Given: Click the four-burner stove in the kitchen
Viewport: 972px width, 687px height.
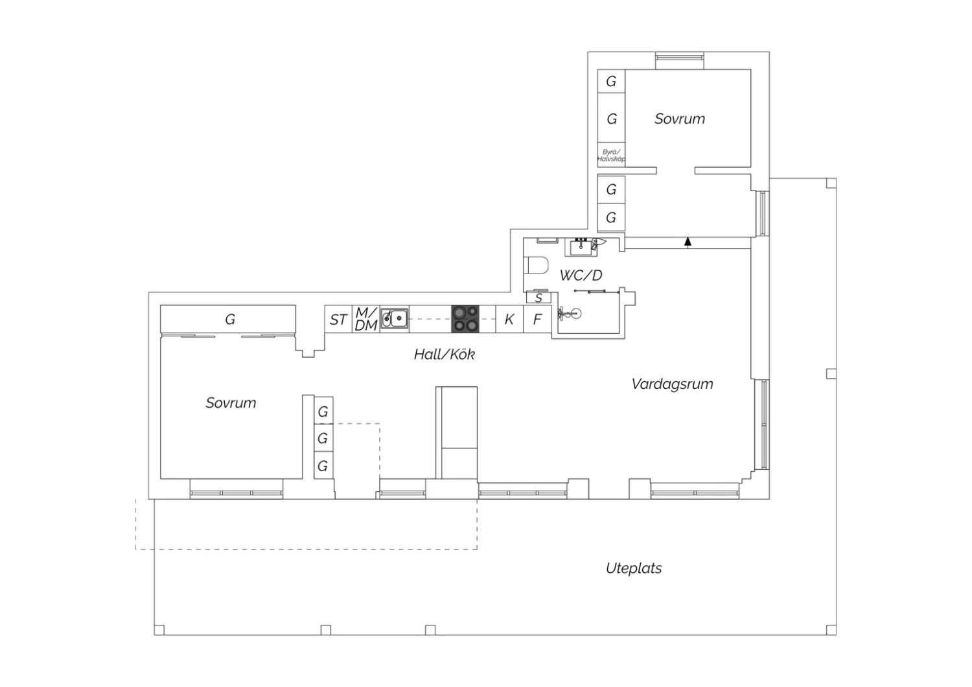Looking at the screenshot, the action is (x=465, y=319).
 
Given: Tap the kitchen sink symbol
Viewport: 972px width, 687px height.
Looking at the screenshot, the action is (x=395, y=318).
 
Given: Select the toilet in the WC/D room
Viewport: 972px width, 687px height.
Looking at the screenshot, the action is (x=536, y=265).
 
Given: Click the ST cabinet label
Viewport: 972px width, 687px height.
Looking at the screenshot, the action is (x=338, y=320).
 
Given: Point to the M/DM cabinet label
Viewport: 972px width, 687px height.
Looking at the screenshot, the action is (x=366, y=319).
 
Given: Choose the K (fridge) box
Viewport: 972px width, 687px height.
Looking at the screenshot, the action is (x=509, y=319).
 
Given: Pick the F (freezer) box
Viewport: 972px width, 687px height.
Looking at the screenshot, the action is (x=537, y=319).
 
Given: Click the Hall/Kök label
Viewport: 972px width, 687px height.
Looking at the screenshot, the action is (x=445, y=355).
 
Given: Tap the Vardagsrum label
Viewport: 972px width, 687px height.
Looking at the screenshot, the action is (x=672, y=384).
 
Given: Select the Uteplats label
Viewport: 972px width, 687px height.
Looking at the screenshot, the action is (x=634, y=568).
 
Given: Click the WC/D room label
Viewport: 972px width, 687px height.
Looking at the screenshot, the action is (x=581, y=275).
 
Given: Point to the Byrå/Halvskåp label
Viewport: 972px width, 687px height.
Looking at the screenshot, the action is (x=611, y=156).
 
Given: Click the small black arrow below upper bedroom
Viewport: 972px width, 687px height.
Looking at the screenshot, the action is (x=688, y=242).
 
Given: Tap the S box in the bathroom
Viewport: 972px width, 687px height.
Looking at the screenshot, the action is (x=538, y=297).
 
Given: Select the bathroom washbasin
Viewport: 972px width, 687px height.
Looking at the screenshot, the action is (x=581, y=248).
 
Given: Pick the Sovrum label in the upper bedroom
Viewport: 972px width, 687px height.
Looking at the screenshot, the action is (x=680, y=119).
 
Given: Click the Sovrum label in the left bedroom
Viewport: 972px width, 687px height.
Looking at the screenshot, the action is (x=231, y=402).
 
